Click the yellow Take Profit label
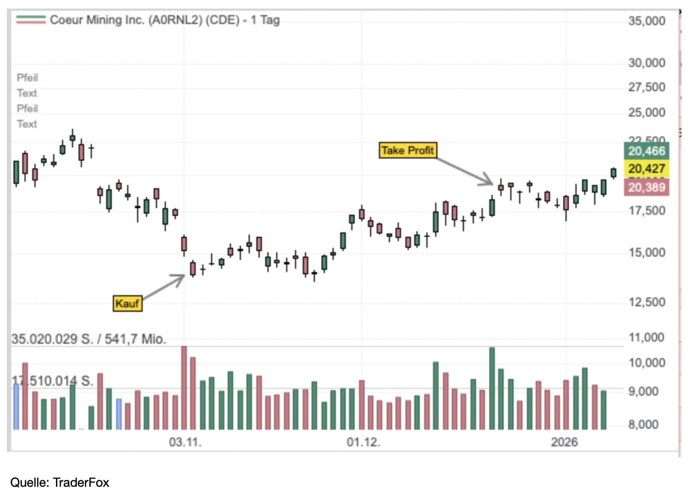click(x=407, y=150)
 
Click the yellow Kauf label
click(x=127, y=304)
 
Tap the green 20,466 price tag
click(x=646, y=151)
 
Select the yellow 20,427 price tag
click(x=646, y=169)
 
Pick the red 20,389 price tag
click(x=646, y=187)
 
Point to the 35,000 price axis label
click(x=646, y=21)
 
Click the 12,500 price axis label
click(x=646, y=302)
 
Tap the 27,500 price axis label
click(x=646, y=87)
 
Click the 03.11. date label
click(x=185, y=442)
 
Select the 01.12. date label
click(x=363, y=442)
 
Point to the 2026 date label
click(x=564, y=442)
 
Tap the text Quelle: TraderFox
click(x=60, y=482)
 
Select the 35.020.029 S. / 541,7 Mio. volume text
click(x=89, y=339)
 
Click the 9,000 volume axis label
click(x=643, y=391)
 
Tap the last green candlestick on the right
click(x=613, y=172)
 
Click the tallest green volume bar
click(x=492, y=388)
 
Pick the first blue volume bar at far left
click(x=16, y=406)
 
